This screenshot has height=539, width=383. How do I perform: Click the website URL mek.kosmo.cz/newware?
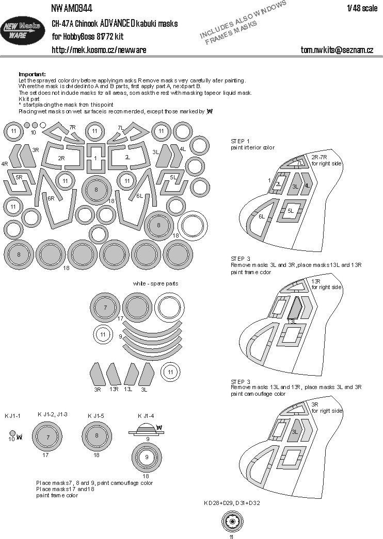99,50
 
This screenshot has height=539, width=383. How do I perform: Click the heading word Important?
32,74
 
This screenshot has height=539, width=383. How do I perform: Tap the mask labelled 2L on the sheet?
127,157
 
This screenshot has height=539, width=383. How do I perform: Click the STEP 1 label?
241,141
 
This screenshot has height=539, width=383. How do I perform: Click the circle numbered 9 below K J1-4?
146,456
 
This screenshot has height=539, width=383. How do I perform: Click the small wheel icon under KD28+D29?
233,522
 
